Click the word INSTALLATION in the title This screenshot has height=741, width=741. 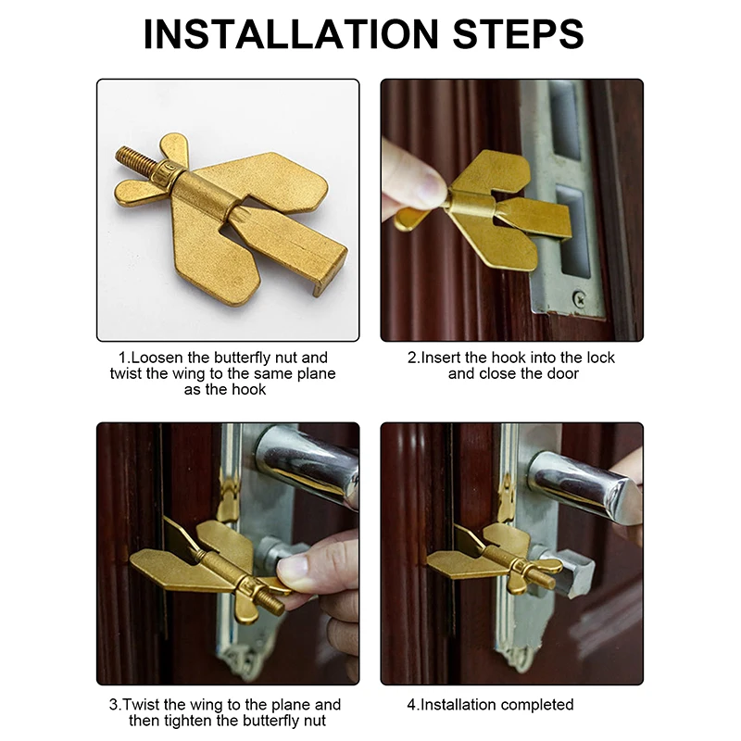coord(291,34)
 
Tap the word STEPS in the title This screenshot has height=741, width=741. coord(518,34)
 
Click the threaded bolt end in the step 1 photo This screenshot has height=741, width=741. coord(135,159)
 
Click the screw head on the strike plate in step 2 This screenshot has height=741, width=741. coord(580,298)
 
